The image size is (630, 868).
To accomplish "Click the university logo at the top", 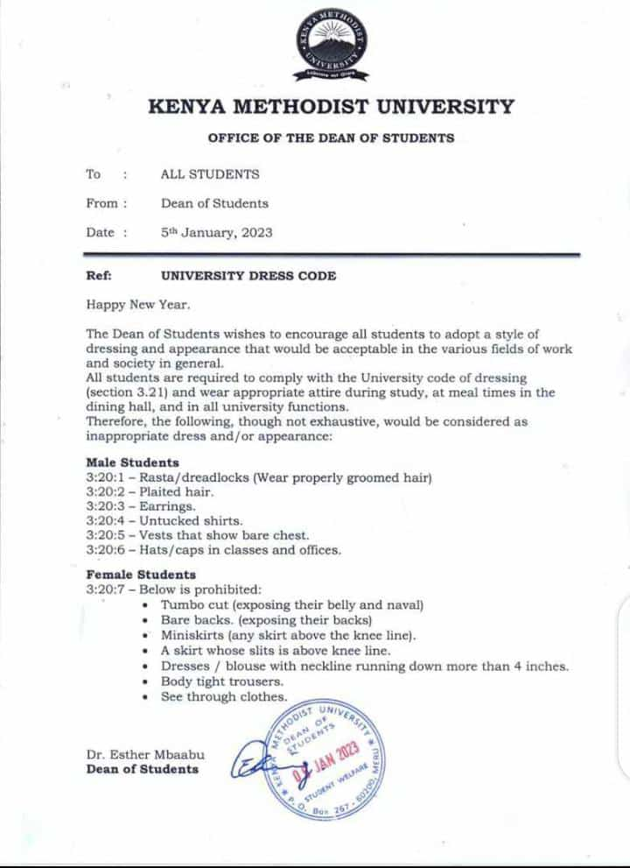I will tap(331, 45).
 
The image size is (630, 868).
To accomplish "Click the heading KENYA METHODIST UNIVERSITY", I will tap(331, 108).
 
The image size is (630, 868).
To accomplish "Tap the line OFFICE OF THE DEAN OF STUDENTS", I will tap(331, 138).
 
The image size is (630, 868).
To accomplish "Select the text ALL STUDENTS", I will tap(210, 174).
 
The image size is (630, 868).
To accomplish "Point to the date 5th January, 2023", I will tap(216, 232).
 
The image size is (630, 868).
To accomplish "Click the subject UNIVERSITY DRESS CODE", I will tap(248, 275).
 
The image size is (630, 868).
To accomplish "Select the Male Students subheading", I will tap(132, 462).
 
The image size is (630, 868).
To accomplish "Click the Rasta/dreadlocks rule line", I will tap(259, 477).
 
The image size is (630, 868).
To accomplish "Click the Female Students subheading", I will tap(140, 575).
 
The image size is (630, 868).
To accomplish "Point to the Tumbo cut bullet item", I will tap(291, 605).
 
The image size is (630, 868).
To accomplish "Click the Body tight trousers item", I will tap(222, 681).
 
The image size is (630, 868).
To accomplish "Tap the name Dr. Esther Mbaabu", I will tap(144, 755).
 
